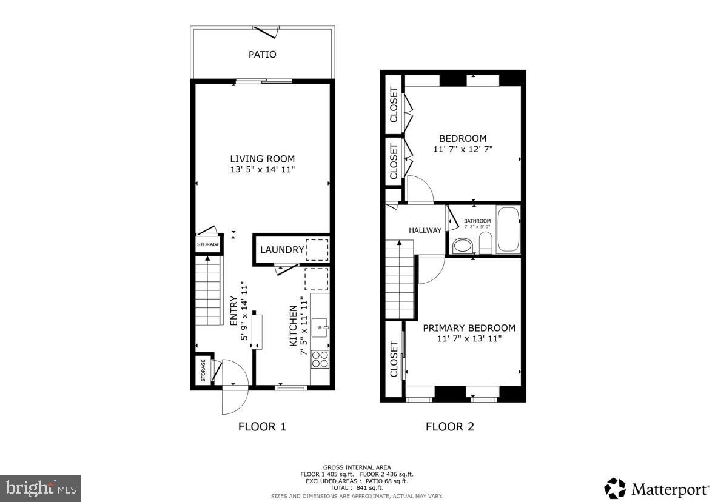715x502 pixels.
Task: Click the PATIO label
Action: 262,55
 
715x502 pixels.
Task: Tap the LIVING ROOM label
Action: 262,159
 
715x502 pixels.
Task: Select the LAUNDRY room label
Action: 282,250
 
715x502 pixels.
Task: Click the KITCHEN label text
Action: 294,326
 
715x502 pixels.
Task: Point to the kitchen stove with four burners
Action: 320,359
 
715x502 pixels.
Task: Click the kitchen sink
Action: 320,328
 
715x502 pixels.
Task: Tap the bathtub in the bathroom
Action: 508,230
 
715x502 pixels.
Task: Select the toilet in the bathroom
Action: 485,244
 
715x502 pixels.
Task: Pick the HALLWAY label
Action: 425,230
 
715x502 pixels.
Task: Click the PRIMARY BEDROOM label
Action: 469,328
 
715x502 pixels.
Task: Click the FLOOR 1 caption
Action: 262,426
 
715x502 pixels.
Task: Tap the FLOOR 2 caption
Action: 450,426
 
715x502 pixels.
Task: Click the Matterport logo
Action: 656,489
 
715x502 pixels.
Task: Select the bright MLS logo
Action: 40,487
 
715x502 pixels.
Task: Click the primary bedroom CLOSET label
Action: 394,360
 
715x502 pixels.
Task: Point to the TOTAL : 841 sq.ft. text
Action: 357,487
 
